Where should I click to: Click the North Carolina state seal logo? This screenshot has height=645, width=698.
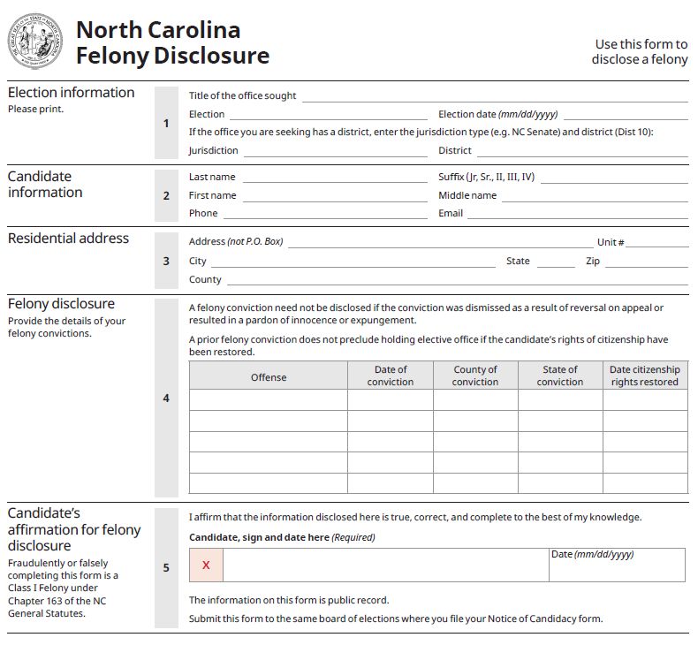click(x=35, y=42)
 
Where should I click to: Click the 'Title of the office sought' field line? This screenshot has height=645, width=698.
click(x=495, y=97)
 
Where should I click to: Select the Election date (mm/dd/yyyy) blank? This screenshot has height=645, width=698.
click(x=626, y=115)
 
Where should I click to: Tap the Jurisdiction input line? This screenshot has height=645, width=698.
click(x=336, y=151)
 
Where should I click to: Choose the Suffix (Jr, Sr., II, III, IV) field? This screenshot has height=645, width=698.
click(x=614, y=178)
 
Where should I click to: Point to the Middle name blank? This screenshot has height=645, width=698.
click(x=595, y=196)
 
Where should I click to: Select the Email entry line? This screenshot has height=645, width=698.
click(x=577, y=214)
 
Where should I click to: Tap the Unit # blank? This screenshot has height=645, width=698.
click(x=656, y=243)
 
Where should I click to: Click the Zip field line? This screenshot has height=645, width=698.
click(x=646, y=262)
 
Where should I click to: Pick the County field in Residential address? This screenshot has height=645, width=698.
click(x=457, y=280)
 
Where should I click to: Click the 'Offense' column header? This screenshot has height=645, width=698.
click(x=269, y=377)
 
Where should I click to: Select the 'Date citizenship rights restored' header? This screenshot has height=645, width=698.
click(x=645, y=376)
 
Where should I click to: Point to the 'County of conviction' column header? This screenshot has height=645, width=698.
click(x=475, y=376)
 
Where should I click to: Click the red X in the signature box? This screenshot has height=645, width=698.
click(x=206, y=565)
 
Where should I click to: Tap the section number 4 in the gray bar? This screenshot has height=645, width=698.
click(x=166, y=398)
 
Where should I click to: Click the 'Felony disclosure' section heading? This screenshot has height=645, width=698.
click(x=61, y=304)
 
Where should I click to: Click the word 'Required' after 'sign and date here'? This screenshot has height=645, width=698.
click(x=353, y=537)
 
